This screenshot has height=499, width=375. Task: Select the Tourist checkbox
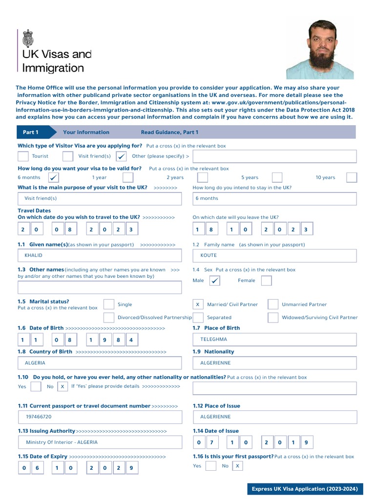[x=23, y=156]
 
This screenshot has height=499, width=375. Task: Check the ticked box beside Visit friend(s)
[x=122, y=156]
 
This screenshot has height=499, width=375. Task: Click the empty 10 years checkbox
[x=351, y=177]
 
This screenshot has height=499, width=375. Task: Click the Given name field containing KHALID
[x=100, y=255]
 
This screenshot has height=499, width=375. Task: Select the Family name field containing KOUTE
[x=275, y=255]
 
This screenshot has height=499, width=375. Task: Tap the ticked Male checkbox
[x=214, y=281]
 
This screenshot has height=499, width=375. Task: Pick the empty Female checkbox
[x=266, y=281]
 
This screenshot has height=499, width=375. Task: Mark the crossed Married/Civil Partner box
[x=198, y=305]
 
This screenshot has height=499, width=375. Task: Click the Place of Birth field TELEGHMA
[x=275, y=340]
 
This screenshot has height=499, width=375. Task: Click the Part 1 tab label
[x=31, y=133]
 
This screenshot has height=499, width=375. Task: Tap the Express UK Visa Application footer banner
[x=304, y=489]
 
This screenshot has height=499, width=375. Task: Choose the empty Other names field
[x=100, y=288]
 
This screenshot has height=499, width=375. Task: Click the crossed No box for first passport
[x=237, y=466]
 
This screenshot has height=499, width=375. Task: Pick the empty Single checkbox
[x=109, y=305]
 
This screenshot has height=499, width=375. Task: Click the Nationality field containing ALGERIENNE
[x=275, y=363]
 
